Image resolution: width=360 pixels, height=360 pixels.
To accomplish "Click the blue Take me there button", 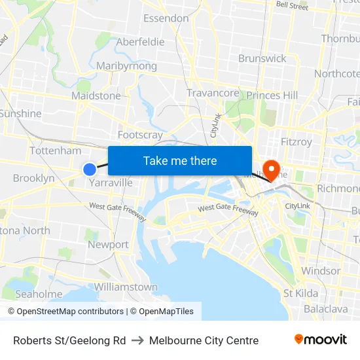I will [180, 160].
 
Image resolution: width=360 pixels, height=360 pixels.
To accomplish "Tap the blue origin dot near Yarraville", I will [90, 170].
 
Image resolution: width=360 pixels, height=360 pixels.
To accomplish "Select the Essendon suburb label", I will [166, 18].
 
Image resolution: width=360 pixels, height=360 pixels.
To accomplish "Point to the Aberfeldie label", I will [140, 42].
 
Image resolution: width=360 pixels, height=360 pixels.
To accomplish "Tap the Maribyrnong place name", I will [126, 66].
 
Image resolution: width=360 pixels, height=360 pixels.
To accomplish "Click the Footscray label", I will [140, 135].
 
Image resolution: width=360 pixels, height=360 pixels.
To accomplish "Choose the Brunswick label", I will [262, 58].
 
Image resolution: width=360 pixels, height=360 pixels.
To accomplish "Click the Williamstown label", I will [126, 287].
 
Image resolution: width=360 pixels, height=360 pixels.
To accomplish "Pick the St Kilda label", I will [300, 293].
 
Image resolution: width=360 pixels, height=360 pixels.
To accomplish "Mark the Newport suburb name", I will [108, 245].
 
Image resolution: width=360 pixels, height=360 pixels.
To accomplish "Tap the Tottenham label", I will [56, 151].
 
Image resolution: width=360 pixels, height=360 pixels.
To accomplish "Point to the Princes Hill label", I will [272, 96].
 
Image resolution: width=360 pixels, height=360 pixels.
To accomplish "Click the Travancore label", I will [213, 93].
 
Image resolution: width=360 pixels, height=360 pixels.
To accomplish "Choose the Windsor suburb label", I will [321, 270].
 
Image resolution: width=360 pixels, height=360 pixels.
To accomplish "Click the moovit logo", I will [321, 340].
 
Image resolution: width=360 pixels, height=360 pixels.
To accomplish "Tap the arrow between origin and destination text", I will [137, 340].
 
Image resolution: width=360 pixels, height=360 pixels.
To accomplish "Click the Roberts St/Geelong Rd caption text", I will [69, 340].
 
